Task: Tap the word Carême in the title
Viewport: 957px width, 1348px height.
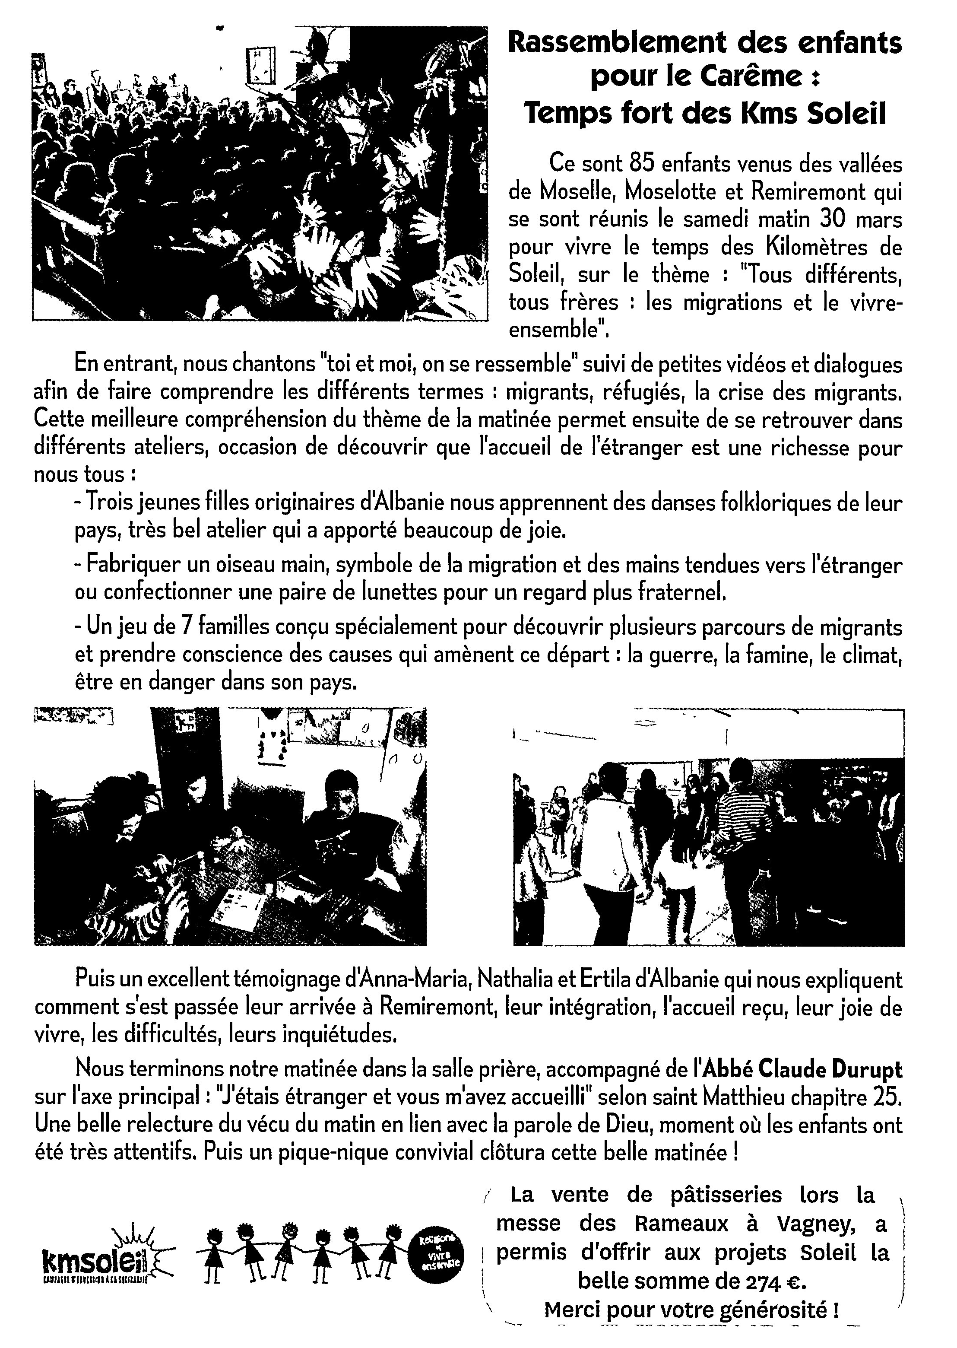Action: [x=742, y=78]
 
